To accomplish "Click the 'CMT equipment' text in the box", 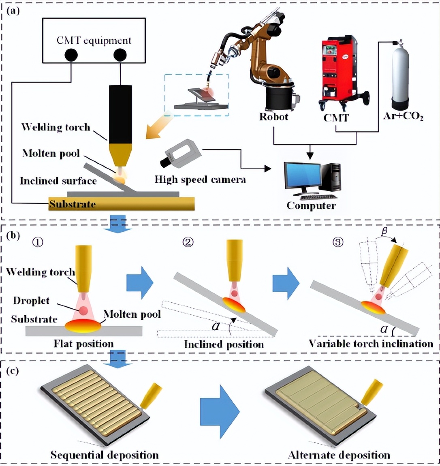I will [94, 41].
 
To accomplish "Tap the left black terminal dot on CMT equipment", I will [71, 55].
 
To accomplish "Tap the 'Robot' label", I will [274, 117].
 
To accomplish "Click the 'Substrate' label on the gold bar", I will [72, 204].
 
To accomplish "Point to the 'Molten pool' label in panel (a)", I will [51, 154].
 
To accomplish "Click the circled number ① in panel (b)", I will [38, 243].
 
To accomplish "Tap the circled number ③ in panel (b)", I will [337, 242].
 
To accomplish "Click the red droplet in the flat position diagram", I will [83, 311].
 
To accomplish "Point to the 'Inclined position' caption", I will [224, 344].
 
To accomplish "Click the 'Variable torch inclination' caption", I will [371, 344].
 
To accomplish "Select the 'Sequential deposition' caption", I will [105, 455].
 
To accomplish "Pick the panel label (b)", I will [13, 235].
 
